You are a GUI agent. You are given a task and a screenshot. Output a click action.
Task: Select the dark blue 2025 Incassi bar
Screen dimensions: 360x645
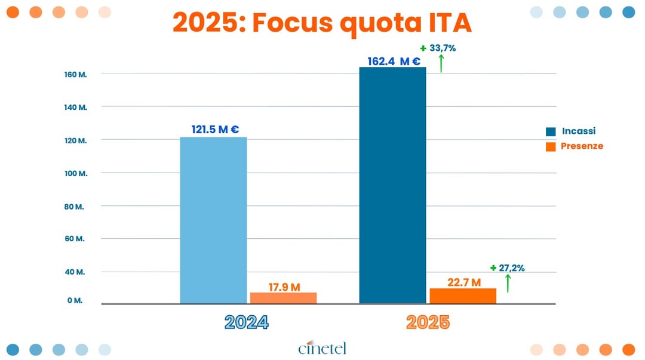(392, 185)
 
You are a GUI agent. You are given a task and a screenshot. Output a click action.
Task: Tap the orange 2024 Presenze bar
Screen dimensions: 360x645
(283, 297)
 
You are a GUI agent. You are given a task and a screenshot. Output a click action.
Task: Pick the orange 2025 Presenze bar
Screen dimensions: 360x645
(462, 296)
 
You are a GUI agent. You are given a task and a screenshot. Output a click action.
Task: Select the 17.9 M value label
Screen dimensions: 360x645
(284, 287)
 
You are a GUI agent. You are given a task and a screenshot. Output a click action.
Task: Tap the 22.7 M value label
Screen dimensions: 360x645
(464, 282)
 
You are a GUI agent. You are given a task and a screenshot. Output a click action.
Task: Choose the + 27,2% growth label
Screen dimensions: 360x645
(507, 268)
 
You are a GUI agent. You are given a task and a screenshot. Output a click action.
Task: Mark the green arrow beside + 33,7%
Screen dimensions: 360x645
(441, 63)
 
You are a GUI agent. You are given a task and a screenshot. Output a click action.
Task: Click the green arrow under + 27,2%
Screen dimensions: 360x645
(508, 283)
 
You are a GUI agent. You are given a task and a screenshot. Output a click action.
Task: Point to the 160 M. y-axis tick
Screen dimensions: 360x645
(76, 75)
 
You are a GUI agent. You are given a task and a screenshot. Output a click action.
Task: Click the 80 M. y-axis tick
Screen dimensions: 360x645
(75, 207)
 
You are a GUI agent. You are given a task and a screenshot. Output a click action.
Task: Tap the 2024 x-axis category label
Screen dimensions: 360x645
(247, 322)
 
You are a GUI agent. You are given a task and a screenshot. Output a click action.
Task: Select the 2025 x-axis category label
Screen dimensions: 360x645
(428, 322)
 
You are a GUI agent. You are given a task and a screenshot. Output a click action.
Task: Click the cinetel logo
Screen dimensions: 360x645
(322, 347)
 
